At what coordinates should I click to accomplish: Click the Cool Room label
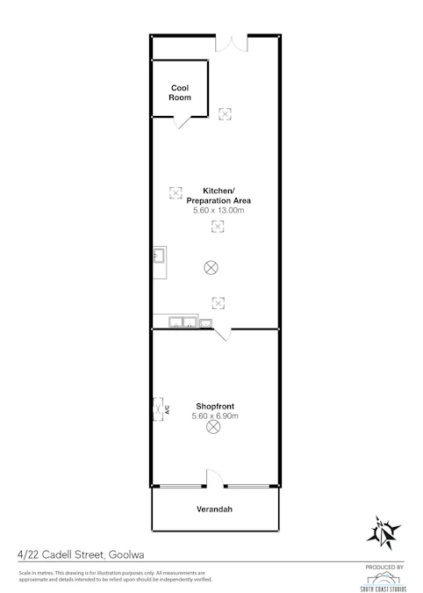180,92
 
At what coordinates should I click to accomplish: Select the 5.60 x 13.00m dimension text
217,211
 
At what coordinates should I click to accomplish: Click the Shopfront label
214,406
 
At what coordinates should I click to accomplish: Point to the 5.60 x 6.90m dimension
215,416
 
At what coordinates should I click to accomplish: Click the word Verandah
217,510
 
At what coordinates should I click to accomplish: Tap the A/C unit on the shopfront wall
160,409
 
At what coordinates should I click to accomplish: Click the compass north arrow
384,531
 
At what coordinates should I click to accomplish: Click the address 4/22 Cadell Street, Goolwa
79,554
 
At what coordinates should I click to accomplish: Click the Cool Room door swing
182,123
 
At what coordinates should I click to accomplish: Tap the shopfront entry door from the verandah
215,479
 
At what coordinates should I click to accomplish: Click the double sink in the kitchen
183,322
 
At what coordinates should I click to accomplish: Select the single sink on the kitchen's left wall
161,257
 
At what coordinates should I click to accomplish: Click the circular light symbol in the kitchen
211,267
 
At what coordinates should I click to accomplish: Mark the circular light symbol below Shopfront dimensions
212,428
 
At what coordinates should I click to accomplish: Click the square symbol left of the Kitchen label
175,192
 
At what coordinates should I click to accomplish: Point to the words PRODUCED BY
383,568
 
